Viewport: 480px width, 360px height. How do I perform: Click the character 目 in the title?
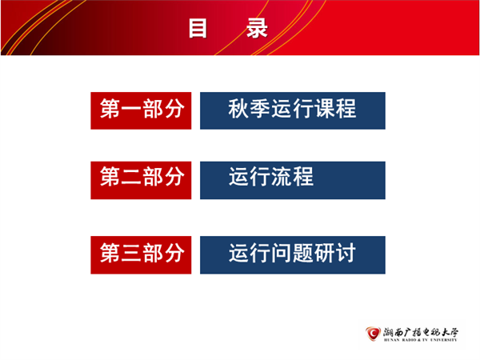(x=198, y=28)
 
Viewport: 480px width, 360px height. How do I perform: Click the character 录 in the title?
(x=257, y=28)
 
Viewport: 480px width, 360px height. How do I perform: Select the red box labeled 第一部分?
(x=141, y=110)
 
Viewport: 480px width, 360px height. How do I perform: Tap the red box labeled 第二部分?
(x=141, y=180)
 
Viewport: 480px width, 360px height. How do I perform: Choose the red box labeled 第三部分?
(x=141, y=254)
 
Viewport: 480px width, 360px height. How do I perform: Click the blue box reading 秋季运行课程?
(x=293, y=110)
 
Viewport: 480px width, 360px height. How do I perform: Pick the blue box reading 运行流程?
(x=293, y=180)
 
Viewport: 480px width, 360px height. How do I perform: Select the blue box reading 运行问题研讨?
(x=293, y=254)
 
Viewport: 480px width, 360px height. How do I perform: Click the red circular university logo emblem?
(x=373, y=334)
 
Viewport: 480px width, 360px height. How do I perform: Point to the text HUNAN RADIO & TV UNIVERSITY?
(x=420, y=340)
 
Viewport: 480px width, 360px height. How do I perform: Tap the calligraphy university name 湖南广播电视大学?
(x=421, y=332)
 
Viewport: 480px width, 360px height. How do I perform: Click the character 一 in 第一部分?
(x=131, y=110)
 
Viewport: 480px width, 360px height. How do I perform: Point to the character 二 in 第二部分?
(x=131, y=178)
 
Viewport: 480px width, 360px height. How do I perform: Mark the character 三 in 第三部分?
(x=131, y=253)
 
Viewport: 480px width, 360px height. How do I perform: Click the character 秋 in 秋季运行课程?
(x=238, y=109)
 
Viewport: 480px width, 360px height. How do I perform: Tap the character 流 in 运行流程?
(x=282, y=177)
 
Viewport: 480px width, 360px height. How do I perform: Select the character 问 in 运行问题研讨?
(x=282, y=253)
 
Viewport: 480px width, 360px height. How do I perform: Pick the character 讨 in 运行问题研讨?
(x=346, y=253)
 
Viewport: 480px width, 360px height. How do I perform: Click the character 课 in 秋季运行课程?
(x=325, y=109)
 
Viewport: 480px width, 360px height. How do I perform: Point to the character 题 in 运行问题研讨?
(x=303, y=253)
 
